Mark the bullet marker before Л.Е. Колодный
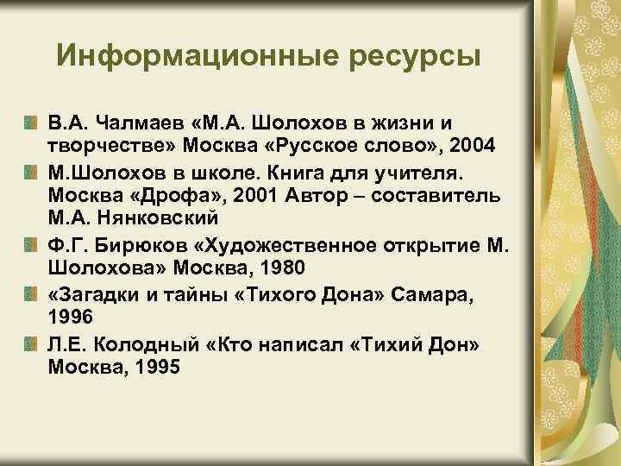click(x=31, y=345)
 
